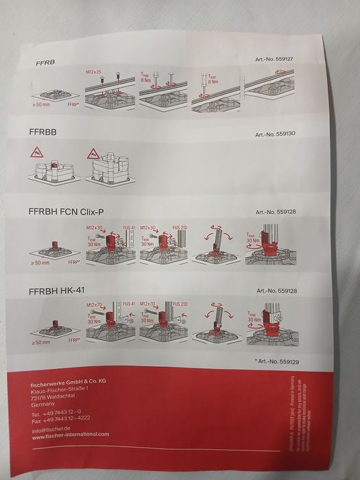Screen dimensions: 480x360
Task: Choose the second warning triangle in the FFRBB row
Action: click(93, 156)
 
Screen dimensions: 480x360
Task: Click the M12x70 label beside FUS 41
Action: click(94, 304)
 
